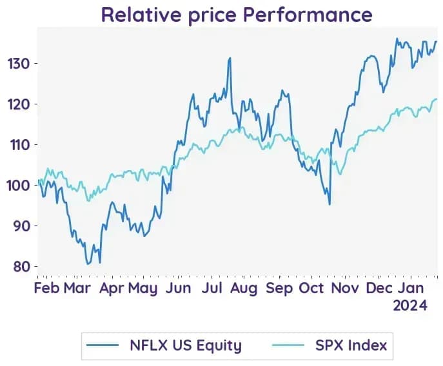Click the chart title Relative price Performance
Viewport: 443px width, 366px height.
[237, 14]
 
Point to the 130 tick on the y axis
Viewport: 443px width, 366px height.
[19, 64]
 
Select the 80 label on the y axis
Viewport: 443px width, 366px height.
[21, 267]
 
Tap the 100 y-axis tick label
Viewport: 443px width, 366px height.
[18, 186]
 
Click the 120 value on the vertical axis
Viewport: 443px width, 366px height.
[19, 104]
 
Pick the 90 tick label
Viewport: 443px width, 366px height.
[21, 226]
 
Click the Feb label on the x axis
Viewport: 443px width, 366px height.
[46, 288]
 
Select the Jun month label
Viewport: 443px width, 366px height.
[178, 288]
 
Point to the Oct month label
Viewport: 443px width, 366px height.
[311, 288]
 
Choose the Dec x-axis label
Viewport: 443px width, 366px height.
[379, 288]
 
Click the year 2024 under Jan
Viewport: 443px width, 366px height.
[410, 305]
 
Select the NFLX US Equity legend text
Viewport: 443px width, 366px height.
[186, 345]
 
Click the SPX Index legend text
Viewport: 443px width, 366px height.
[351, 345]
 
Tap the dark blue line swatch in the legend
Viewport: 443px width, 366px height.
[103, 345]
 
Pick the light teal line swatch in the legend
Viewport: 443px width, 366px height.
[288, 345]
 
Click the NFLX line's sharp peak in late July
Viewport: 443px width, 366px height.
[230, 58]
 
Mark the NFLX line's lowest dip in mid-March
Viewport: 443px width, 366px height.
[88, 264]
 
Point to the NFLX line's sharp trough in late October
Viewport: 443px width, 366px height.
[330, 204]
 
